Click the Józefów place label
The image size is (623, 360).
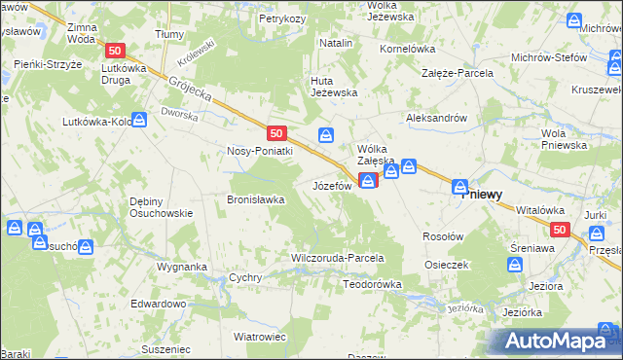pos(332,184)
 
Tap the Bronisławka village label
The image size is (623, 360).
pos(255,199)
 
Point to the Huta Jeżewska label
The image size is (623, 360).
pos(334,87)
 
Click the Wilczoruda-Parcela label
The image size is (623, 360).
pos(338,258)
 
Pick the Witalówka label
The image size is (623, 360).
pos(540,209)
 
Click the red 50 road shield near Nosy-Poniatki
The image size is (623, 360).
pos(277,133)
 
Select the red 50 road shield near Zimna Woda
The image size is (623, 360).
pos(116,51)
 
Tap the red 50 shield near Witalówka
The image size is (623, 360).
pos(559,230)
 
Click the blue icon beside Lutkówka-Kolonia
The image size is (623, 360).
pos(139,119)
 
